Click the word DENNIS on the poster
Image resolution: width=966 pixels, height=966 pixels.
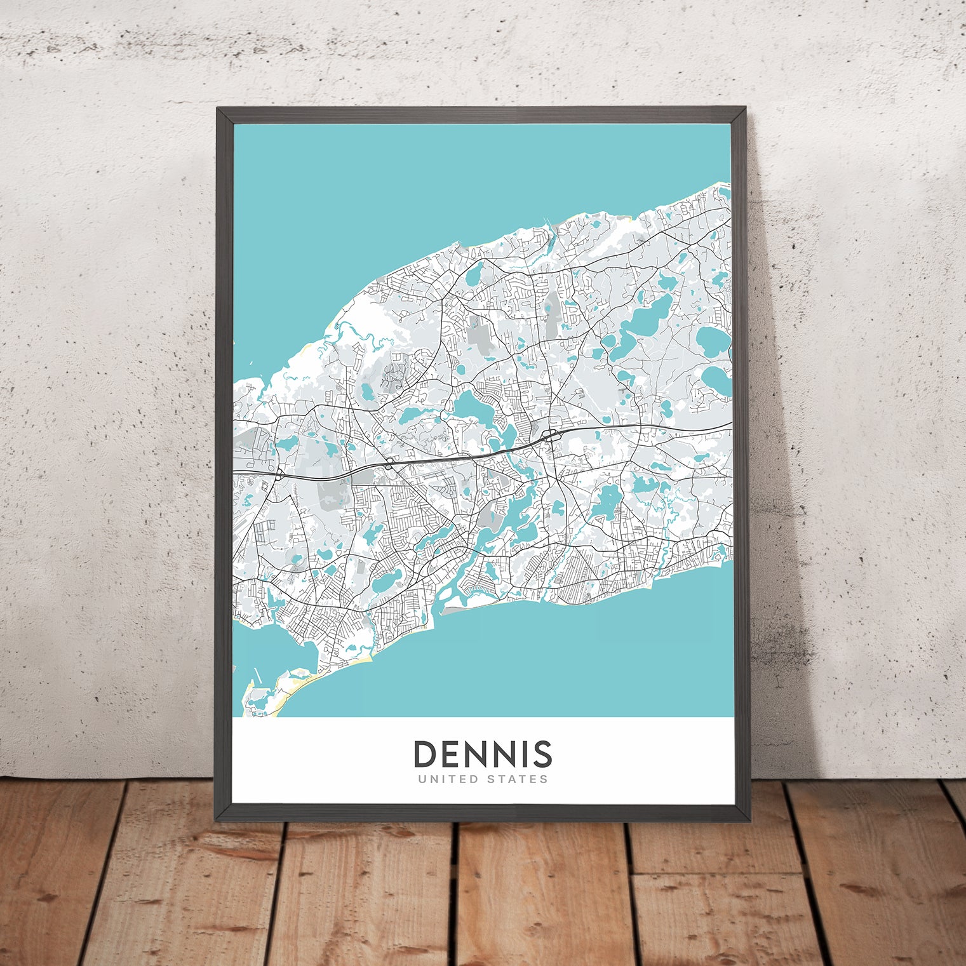[483, 754]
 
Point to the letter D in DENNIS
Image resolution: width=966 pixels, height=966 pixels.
[425, 754]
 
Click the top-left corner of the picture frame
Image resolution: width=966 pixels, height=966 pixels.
[218, 109]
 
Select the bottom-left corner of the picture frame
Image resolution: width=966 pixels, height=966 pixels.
[218, 821]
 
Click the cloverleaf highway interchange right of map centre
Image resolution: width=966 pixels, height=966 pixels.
[550, 436]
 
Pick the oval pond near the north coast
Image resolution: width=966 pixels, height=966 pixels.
[473, 274]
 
